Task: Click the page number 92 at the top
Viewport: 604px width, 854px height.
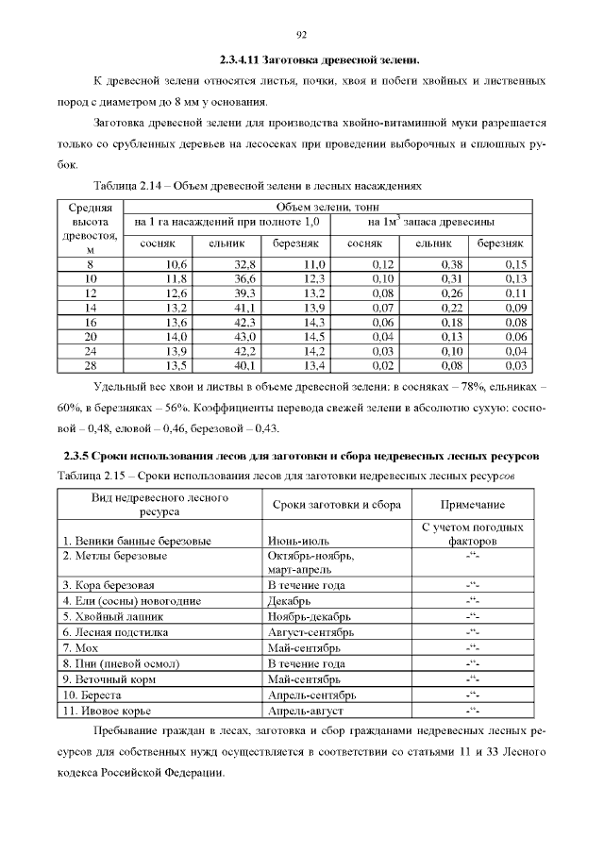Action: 302,35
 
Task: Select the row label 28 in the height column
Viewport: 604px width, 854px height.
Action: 91,365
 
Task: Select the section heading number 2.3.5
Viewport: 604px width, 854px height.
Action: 79,457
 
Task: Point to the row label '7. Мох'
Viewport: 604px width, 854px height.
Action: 81,647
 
